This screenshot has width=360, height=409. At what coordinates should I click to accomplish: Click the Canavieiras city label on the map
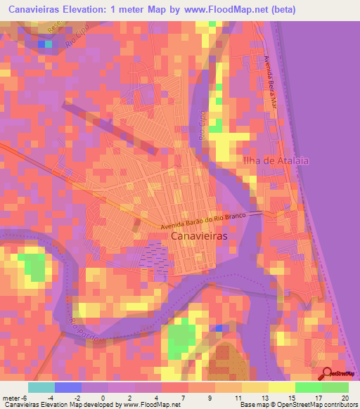pyautogui.click(x=203, y=238)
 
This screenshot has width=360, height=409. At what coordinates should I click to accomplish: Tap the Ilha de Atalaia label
pyautogui.click(x=275, y=161)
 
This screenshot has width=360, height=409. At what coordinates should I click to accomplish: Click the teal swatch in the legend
pyautogui.click(x=41, y=387)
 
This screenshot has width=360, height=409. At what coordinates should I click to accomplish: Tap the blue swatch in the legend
pyautogui.click(x=68, y=387)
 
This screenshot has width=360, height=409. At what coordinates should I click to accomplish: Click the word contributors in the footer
pyautogui.click(x=340, y=405)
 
